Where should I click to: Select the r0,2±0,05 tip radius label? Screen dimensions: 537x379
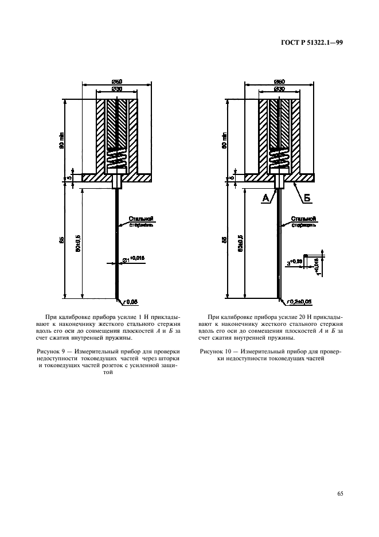pos(292,301)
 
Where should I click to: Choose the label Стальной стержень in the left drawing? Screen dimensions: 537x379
pos(142,221)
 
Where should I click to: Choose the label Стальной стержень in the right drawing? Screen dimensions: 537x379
pos(302,221)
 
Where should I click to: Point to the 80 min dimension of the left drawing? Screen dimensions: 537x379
pos(62,139)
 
